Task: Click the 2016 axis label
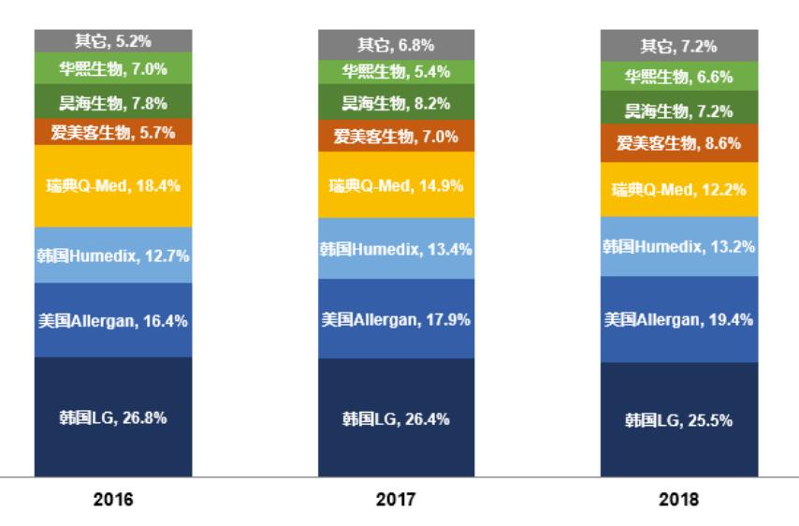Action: point(113,499)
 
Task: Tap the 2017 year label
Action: point(396,499)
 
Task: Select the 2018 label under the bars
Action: point(678,499)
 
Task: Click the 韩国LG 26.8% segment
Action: point(113,417)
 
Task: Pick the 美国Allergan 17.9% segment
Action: point(396,318)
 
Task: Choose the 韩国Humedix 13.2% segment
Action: point(678,246)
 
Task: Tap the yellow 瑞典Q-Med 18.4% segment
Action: point(113,185)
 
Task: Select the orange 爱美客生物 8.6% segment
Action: point(678,144)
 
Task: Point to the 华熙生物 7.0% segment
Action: point(113,67)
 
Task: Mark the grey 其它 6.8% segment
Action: point(396,44)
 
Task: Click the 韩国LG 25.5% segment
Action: point(678,419)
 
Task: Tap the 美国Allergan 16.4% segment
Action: point(113,320)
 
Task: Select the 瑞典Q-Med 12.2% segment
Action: point(678,190)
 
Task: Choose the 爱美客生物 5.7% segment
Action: point(113,132)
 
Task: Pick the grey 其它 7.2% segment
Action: point(678,45)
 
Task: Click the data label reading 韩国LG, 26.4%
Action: point(396,418)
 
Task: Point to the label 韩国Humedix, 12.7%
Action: point(113,255)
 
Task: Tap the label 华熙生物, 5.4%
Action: point(396,71)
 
